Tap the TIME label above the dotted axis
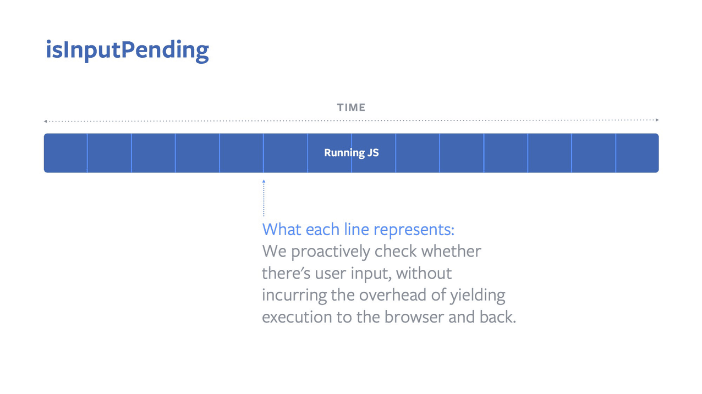[351, 108]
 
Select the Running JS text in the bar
[351, 153]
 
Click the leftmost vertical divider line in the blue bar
[87, 153]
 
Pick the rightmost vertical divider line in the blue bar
[616, 153]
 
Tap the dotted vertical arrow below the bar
[264, 198]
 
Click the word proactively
[331, 252]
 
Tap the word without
[424, 273]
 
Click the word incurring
[294, 296]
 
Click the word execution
[297, 318]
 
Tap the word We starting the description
[274, 252]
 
